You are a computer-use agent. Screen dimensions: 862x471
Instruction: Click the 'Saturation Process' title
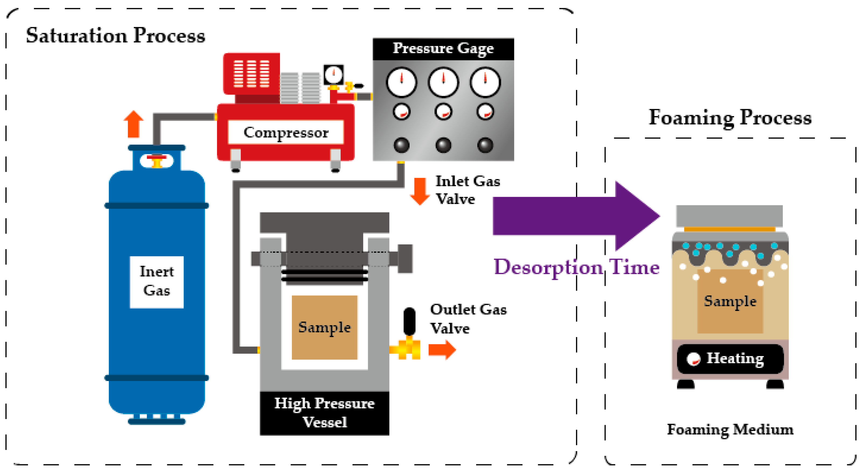(x=116, y=36)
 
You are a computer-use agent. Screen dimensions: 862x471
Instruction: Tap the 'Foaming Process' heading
(x=730, y=118)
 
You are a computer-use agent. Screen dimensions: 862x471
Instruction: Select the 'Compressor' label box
(x=286, y=132)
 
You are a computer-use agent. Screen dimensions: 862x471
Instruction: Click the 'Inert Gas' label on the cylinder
(x=157, y=281)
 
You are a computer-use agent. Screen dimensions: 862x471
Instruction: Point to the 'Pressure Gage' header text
(x=443, y=49)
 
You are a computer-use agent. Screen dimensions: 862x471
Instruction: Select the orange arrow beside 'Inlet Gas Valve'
(x=420, y=191)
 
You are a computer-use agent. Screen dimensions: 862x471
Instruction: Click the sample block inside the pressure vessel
(x=324, y=327)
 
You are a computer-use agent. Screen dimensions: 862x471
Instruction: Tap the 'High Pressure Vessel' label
(x=324, y=413)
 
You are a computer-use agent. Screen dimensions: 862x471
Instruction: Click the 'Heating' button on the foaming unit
(x=730, y=359)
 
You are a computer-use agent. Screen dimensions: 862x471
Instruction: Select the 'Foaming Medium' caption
(x=730, y=430)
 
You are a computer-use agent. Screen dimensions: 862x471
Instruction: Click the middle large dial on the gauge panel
(x=443, y=82)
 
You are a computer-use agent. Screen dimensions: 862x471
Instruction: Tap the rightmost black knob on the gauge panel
(x=485, y=145)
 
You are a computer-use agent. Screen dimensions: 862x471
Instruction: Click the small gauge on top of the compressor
(x=333, y=75)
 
